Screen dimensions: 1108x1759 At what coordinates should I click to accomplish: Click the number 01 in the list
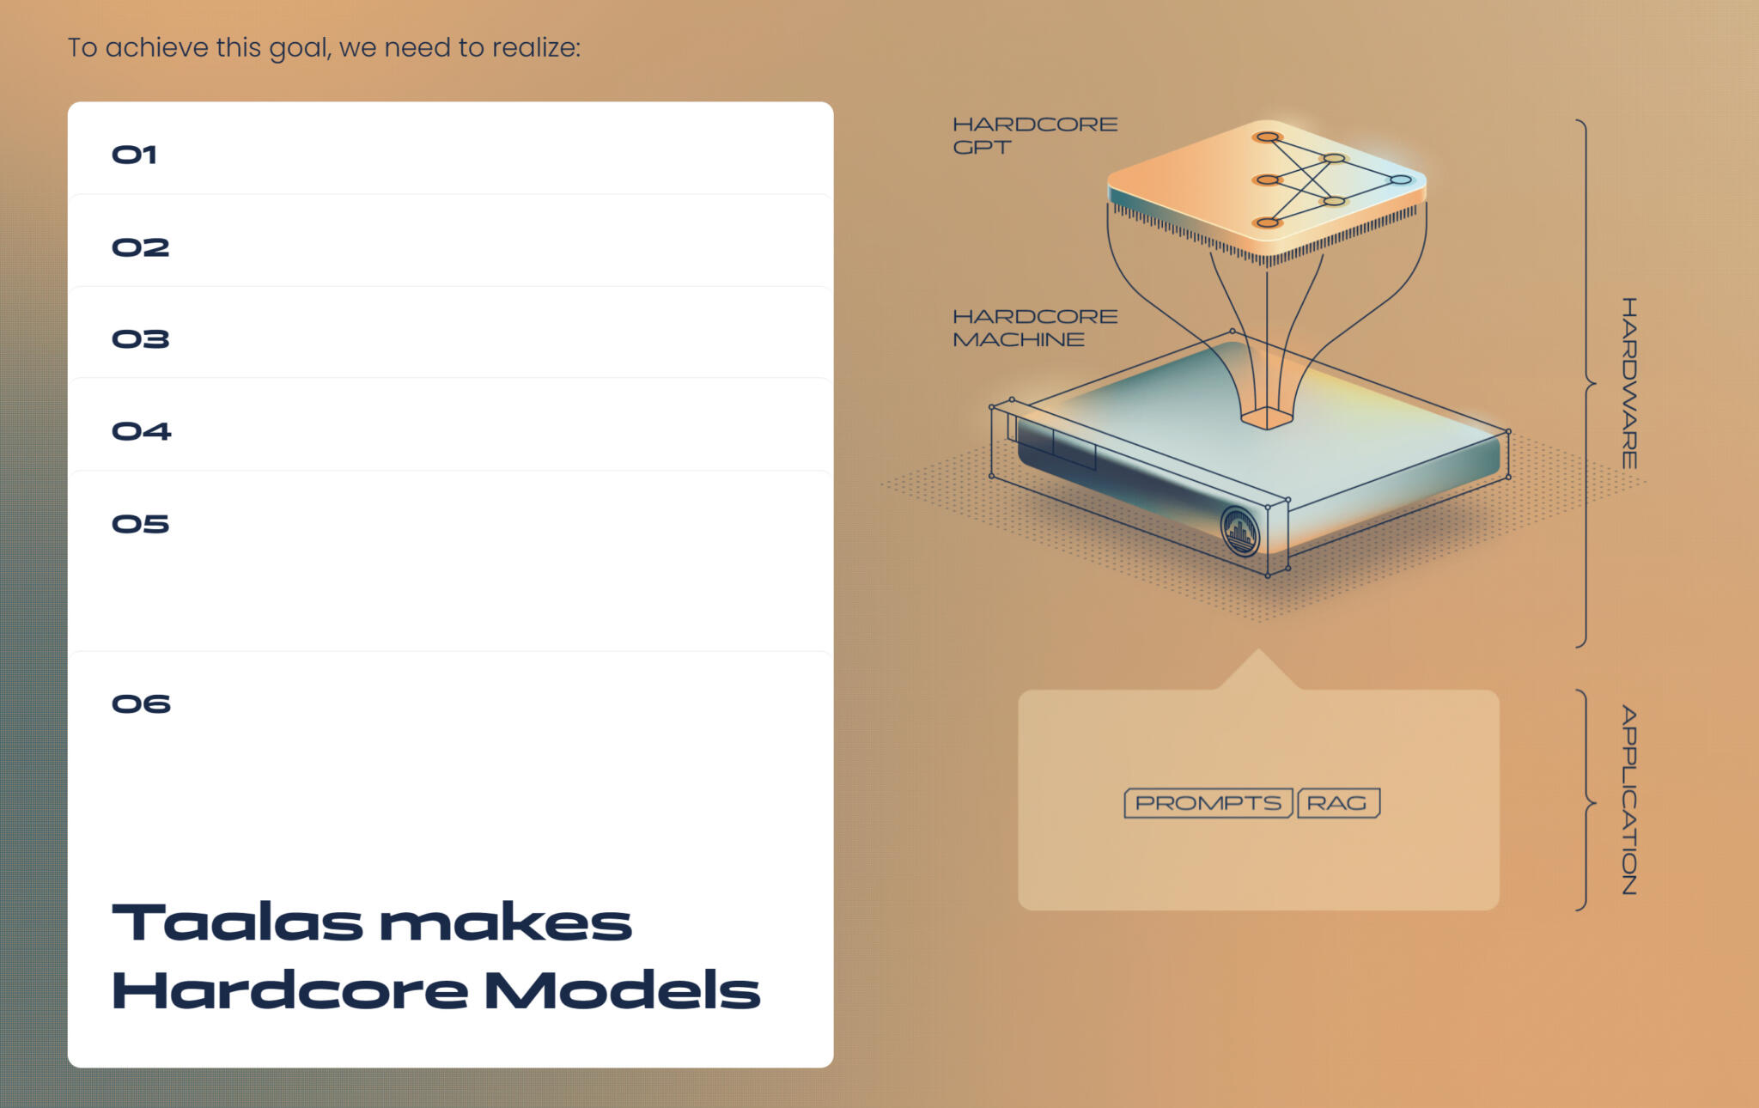coord(134,155)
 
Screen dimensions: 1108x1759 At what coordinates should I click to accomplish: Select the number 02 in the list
coord(140,247)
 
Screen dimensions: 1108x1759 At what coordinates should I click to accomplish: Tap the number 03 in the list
coord(140,339)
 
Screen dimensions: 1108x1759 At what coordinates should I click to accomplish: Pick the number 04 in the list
coord(141,431)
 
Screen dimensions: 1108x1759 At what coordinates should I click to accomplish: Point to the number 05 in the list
coord(140,524)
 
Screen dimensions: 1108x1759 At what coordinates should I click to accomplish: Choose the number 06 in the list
coord(141,704)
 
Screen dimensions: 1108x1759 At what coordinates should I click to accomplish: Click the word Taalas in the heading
coord(237,923)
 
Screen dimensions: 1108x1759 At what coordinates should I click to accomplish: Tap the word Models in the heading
coord(622,990)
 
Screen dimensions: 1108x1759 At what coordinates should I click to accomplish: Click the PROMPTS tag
coord(1208,803)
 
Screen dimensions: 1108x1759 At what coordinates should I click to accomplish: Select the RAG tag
coord(1337,803)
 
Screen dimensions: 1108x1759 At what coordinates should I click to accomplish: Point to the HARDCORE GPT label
coord(1034,136)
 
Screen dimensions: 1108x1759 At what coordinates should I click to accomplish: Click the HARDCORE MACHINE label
coord(1034,328)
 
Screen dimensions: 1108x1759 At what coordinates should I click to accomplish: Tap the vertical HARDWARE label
coord(1629,383)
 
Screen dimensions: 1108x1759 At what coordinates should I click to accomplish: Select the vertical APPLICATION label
coord(1629,801)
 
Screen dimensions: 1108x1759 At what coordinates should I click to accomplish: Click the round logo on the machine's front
coord(1239,532)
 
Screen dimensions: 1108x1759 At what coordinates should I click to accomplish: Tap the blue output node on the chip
coord(1401,180)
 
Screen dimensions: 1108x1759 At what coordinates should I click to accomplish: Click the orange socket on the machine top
coord(1267,418)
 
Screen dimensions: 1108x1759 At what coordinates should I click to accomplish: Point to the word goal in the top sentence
coord(300,48)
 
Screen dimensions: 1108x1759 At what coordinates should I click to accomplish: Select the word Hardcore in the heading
coord(289,990)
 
